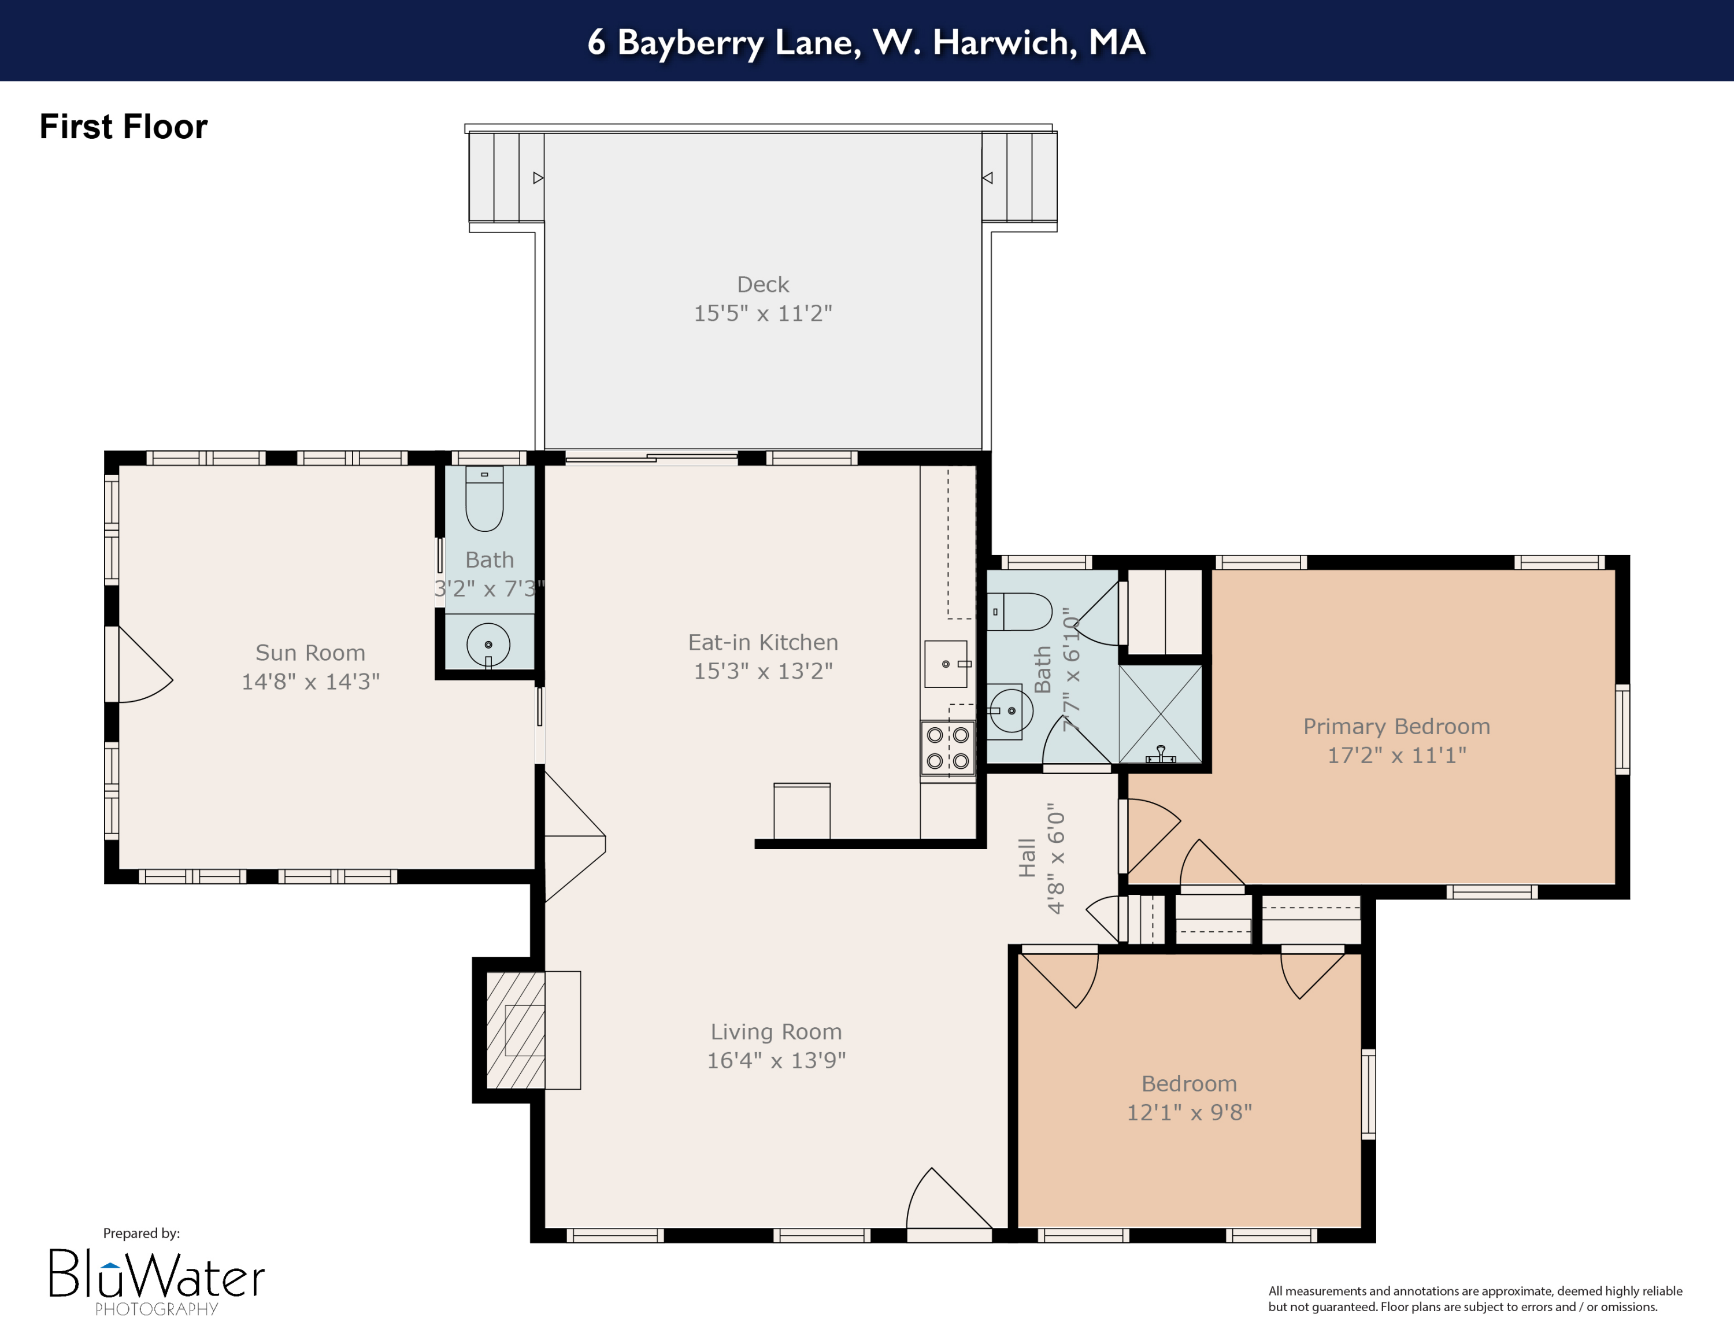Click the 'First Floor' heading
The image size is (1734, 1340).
[x=123, y=127]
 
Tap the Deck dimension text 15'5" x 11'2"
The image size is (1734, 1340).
[x=762, y=313]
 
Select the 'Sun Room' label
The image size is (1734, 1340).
[x=310, y=653]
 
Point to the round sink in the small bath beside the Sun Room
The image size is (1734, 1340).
[x=488, y=645]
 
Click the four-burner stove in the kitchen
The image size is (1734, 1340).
[x=947, y=748]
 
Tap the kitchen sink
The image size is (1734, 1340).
[x=946, y=664]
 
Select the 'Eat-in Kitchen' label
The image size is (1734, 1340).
[x=762, y=642]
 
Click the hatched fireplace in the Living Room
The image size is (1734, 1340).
[x=516, y=1030]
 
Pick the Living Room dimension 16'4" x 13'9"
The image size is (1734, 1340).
[x=776, y=1061]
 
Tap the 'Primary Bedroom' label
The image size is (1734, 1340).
[x=1396, y=726]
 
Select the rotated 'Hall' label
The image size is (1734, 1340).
[x=1027, y=857]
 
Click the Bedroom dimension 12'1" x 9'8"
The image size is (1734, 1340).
[x=1188, y=1112]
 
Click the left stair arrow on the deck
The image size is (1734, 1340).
[x=538, y=178]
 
